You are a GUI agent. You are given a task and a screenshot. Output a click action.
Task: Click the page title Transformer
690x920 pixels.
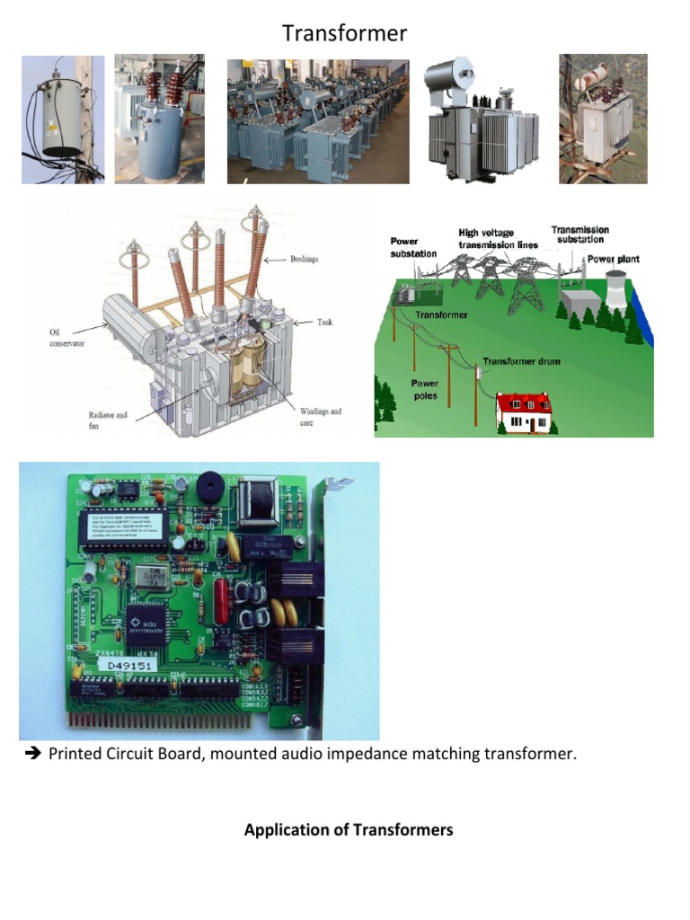coord(344,34)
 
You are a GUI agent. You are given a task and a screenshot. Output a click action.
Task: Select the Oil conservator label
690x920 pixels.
coord(66,338)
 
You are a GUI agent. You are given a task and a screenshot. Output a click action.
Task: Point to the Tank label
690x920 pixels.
coord(323,321)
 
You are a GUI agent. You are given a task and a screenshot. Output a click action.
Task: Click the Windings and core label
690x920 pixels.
coord(320,416)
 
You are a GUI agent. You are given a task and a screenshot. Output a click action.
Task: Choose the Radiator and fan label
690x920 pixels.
coord(108,420)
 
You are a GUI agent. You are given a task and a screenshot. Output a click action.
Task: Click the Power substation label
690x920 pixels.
coord(413,247)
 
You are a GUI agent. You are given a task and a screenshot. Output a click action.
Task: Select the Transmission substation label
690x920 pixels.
coord(579,234)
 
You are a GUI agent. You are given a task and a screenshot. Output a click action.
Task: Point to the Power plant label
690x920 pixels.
coord(614,259)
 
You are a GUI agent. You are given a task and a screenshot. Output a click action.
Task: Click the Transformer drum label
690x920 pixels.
coord(521,361)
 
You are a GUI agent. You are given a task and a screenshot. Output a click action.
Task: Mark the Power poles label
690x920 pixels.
coord(425,389)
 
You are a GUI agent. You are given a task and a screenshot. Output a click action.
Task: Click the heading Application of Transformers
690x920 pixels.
coord(349,830)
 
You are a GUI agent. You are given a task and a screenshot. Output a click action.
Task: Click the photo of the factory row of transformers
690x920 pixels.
coord(318,121)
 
